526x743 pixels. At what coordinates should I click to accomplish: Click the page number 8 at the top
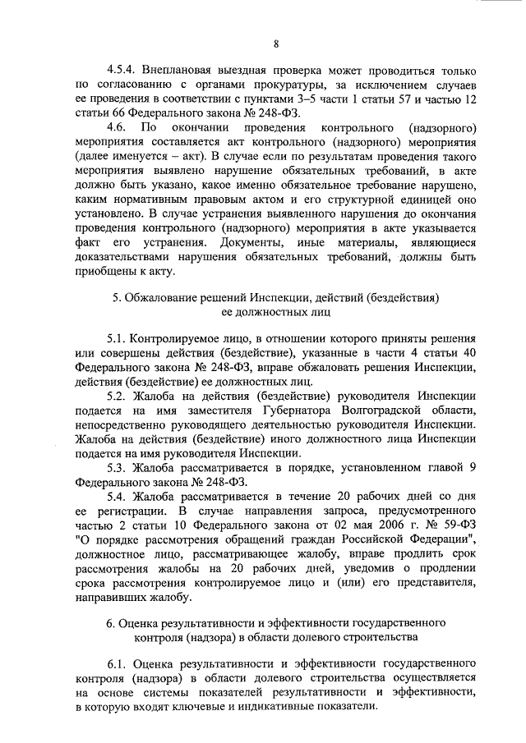click(x=276, y=43)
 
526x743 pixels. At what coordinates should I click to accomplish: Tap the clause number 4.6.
click(x=118, y=129)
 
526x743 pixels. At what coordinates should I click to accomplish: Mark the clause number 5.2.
click(x=118, y=395)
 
